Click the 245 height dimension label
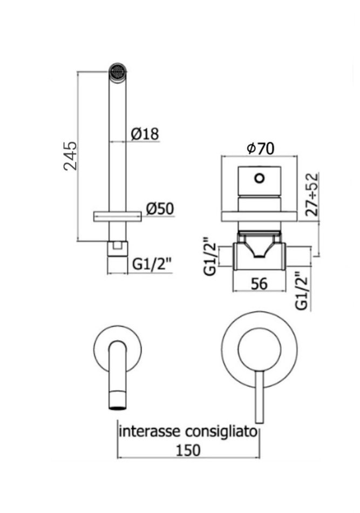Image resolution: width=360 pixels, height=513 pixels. [x=70, y=156]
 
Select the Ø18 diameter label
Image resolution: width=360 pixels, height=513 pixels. [x=145, y=133]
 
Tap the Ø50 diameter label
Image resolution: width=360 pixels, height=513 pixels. [x=160, y=208]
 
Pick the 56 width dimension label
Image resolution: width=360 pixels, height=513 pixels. [x=260, y=283]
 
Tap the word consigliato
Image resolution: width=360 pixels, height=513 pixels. [x=221, y=431]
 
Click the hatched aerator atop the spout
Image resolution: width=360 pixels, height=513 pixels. [x=118, y=71]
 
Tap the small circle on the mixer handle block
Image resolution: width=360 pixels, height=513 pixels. [x=260, y=178]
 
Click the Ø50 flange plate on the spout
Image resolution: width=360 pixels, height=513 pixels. [x=118, y=216]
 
